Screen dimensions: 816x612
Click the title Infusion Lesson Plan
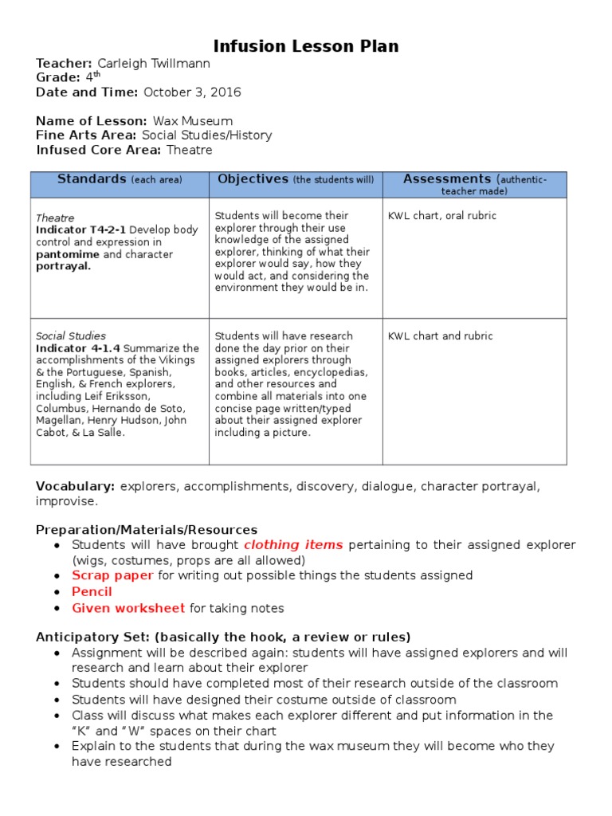coord(306,46)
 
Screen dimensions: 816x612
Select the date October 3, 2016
coord(192,92)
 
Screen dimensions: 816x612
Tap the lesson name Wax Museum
coord(193,121)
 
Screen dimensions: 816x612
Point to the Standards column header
coord(92,179)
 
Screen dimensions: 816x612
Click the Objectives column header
coord(253,179)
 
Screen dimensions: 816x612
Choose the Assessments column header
coord(447,179)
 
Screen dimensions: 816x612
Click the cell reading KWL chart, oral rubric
coord(441,216)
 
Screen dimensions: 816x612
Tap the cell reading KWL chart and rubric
coord(440,336)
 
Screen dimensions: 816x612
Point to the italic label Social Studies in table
coord(71,336)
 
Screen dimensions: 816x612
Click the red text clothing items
coord(293,545)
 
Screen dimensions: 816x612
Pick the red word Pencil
coord(92,591)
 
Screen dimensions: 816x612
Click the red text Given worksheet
coord(128,608)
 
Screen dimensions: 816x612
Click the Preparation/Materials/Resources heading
coord(147,529)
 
